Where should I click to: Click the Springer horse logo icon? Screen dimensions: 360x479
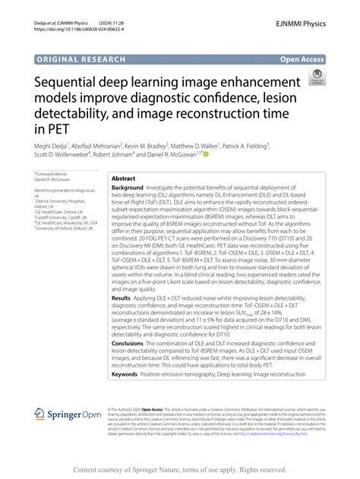40,414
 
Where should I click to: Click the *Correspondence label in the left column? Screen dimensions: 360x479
52,174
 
